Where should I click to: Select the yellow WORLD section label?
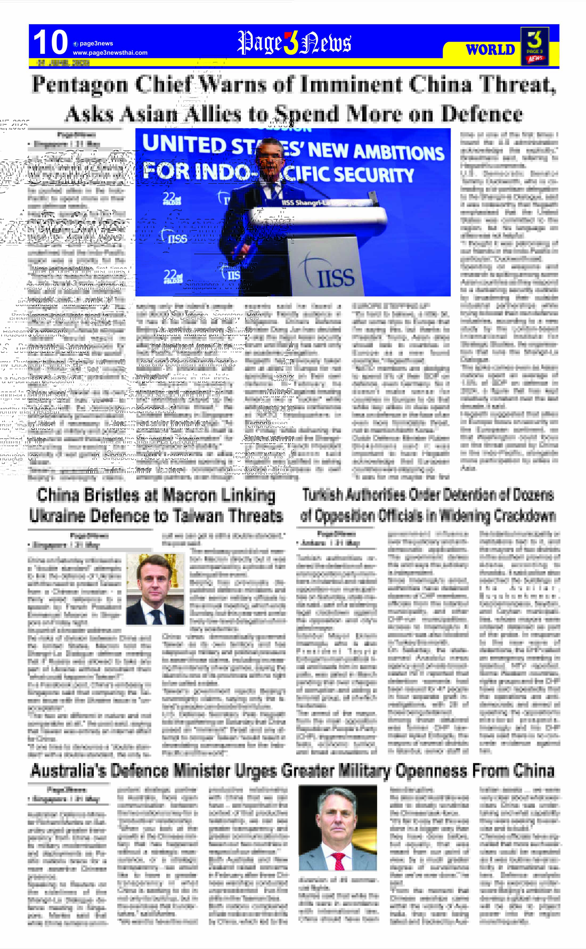click(490, 50)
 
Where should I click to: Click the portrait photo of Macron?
click(155, 589)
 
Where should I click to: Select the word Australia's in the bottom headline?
click(68, 771)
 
